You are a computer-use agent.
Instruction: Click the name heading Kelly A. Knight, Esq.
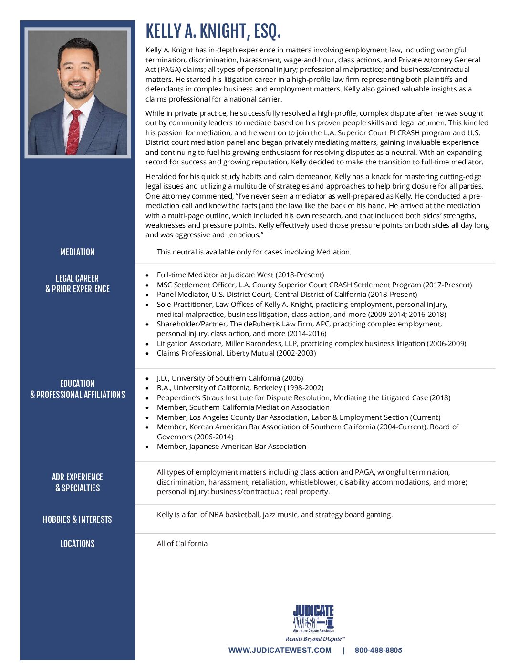[x=213, y=31]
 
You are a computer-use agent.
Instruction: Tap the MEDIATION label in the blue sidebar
[x=77, y=252]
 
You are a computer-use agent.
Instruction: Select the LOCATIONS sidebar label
[x=77, y=544]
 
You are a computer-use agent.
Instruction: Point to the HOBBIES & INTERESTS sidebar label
[x=77, y=519]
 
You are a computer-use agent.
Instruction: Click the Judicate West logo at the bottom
[x=313, y=618]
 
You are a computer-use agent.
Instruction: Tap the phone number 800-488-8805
[x=378, y=651]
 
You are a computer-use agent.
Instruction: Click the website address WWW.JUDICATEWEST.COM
[x=280, y=651]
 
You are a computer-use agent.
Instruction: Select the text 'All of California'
[x=182, y=544]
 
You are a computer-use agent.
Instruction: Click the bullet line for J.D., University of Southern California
[x=230, y=378]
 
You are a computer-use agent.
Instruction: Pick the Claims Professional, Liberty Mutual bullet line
[x=236, y=353]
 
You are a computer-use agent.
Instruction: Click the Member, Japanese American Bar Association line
[x=231, y=447]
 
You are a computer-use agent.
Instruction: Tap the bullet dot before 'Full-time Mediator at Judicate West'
[x=147, y=275]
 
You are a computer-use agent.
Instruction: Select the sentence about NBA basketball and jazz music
[x=275, y=515]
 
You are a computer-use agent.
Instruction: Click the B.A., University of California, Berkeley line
[x=240, y=388]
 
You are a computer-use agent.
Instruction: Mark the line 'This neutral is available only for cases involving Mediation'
[x=254, y=252]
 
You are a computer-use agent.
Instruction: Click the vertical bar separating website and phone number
[x=343, y=651]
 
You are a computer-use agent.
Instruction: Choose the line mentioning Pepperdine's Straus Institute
[x=303, y=398]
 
